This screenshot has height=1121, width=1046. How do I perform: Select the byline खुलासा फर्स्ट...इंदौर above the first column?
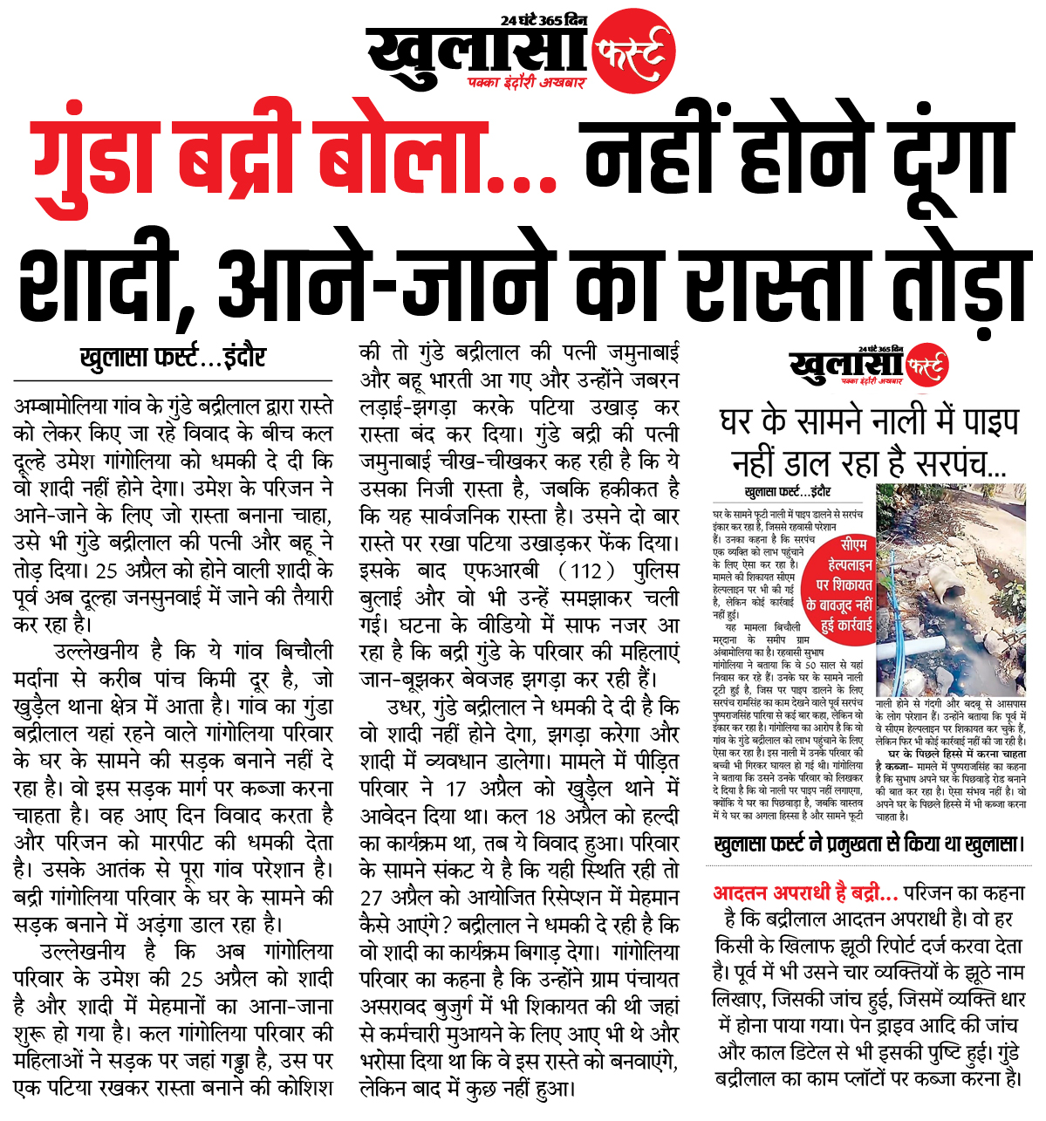point(173,359)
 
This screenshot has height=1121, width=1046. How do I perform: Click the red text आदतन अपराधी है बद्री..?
point(805,893)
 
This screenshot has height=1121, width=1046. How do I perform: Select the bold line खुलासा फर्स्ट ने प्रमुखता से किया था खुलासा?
point(867,845)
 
